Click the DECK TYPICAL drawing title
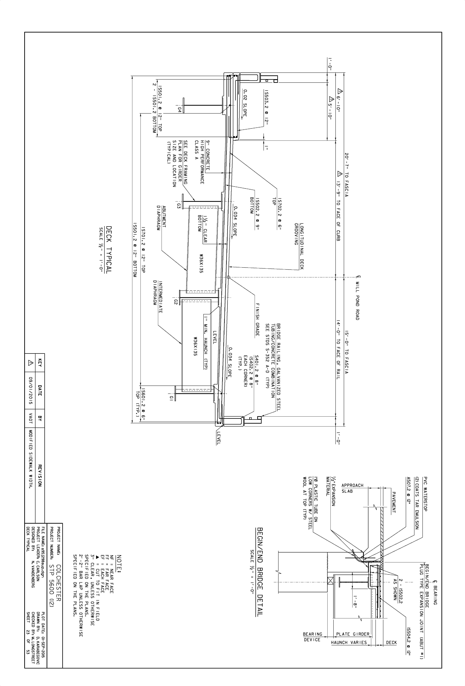[x=109, y=249]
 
